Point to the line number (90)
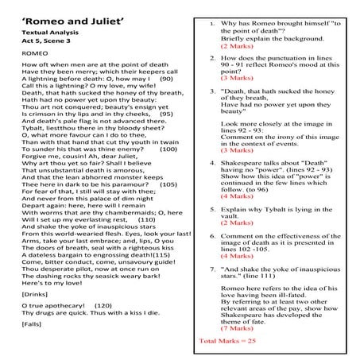[x=166, y=79]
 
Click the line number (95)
[x=166, y=114]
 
